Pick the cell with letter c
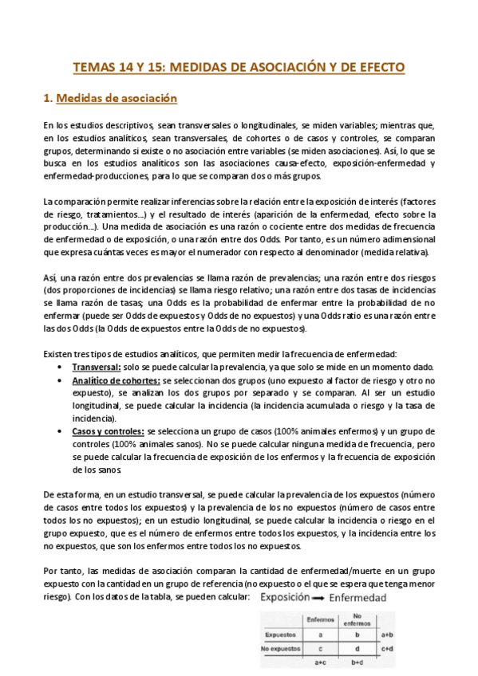tap(319, 648)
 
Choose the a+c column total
tap(319, 662)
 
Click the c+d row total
tap(385, 648)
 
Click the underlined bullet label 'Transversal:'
tap(97, 367)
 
